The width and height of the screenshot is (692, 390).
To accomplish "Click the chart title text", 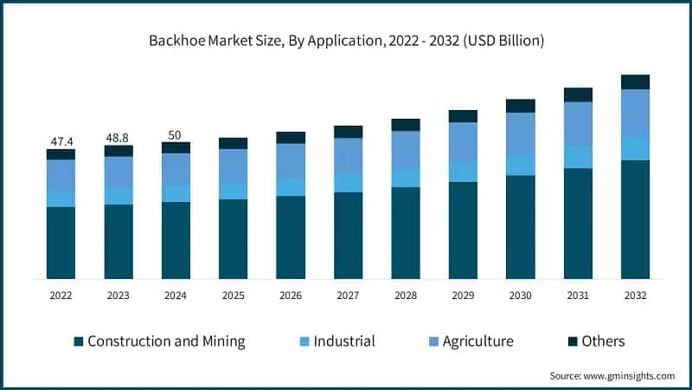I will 346,41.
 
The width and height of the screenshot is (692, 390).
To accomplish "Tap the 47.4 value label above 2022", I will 61,140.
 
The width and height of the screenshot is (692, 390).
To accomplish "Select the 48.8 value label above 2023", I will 119,137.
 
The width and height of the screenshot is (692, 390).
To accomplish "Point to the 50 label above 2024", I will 176,134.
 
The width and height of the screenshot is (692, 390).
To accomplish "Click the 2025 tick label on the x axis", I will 233,296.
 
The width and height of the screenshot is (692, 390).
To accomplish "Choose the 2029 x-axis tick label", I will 463,296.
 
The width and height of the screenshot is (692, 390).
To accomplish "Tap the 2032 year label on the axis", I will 635,296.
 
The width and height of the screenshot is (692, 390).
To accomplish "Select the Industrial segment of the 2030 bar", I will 520,165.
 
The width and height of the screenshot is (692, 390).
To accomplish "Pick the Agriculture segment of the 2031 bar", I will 578,123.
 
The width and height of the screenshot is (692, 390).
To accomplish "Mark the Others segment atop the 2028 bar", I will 405,125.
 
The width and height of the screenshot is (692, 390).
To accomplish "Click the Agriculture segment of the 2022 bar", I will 61,175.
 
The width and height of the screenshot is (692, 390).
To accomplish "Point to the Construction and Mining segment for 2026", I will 291,237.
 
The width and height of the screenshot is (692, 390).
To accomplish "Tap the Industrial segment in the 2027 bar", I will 348,182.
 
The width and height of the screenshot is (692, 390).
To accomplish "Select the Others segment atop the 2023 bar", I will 119,151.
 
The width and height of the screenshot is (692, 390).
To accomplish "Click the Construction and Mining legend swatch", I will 79,341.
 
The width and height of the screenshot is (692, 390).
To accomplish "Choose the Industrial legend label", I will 343,341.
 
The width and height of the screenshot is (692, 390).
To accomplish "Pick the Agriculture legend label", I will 477,341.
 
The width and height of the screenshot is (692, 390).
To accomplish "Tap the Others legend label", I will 603,341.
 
